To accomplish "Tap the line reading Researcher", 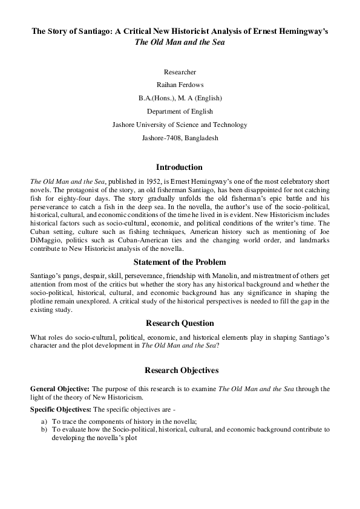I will (x=180, y=72).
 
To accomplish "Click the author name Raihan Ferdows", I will (x=180, y=85).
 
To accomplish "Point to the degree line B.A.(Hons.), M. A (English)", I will (x=180, y=98).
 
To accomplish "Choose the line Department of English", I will (x=180, y=111).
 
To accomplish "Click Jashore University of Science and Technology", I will (x=180, y=125).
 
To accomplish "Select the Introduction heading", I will (x=180, y=167).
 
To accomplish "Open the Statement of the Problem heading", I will (x=180, y=262).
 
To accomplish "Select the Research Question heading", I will (x=180, y=323).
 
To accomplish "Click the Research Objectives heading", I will (x=180, y=370).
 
